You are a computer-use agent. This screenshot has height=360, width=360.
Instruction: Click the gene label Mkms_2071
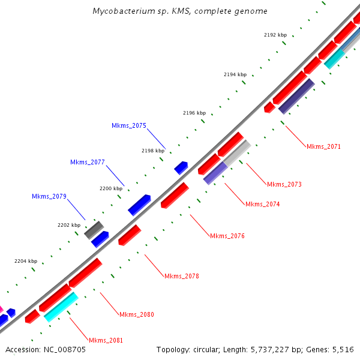(323, 146)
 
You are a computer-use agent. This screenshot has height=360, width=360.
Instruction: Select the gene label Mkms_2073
(284, 184)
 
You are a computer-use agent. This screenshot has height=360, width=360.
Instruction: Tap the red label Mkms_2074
(262, 204)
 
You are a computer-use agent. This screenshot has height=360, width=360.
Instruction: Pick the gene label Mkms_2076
(227, 236)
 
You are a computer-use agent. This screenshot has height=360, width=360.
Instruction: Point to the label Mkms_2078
(181, 276)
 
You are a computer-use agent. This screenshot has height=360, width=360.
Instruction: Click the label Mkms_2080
(136, 314)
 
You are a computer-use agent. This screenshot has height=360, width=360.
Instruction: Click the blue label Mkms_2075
(128, 125)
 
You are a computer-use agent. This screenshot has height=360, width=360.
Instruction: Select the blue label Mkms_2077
(87, 162)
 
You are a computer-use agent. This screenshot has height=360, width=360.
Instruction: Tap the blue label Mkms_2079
(49, 196)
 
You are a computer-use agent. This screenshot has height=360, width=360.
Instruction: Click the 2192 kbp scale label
(275, 35)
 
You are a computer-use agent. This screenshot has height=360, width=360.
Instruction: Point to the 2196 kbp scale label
(194, 113)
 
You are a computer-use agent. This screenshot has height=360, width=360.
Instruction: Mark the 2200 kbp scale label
(110, 188)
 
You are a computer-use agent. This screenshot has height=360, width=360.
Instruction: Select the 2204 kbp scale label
(25, 261)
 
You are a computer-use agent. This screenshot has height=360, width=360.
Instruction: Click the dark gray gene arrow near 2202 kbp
(93, 229)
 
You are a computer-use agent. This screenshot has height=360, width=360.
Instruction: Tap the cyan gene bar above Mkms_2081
(61, 307)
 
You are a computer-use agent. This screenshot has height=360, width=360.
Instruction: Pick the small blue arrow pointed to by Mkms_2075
(181, 167)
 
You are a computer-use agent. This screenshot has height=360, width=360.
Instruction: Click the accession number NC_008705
(64, 349)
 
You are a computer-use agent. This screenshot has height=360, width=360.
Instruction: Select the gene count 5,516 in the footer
(343, 349)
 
